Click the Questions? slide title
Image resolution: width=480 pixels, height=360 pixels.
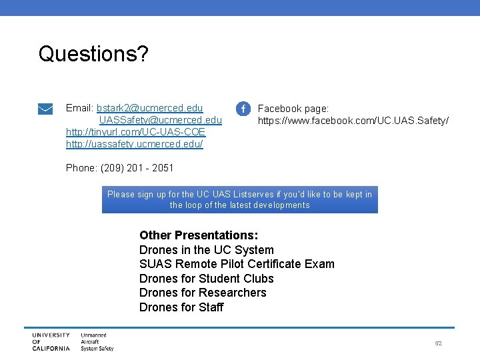(93, 54)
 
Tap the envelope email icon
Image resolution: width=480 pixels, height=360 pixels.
(46, 109)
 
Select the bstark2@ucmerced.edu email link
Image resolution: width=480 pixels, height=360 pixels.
(149, 108)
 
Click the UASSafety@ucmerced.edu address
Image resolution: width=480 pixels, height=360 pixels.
(161, 120)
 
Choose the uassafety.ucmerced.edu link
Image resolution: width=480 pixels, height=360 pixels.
(134, 144)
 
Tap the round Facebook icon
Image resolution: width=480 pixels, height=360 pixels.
(244, 109)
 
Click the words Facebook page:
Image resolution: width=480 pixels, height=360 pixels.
(293, 108)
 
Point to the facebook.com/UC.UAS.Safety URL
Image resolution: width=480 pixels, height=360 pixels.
(353, 121)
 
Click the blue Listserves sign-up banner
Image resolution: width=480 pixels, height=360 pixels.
(239, 199)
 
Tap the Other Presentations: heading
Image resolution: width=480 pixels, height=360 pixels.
(198, 235)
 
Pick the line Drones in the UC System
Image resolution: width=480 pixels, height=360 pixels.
(206, 250)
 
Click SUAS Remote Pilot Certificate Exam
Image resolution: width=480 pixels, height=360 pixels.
(237, 264)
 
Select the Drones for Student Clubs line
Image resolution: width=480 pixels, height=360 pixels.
(206, 279)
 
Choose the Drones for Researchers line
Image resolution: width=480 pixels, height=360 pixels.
(203, 293)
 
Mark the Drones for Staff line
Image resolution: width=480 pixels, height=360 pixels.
(181, 307)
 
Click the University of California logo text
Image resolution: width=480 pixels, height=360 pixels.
(51, 341)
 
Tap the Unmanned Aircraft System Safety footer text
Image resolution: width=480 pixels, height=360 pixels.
(97, 341)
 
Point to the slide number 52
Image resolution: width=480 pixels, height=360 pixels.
(438, 343)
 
